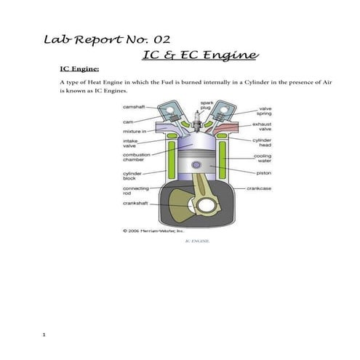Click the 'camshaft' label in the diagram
click(x=135, y=107)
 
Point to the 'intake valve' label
click(x=130, y=143)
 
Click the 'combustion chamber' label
click(x=137, y=158)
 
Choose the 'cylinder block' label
click(x=133, y=176)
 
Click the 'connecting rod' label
click(x=136, y=191)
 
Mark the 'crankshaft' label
click(x=136, y=204)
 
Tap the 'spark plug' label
click(x=207, y=105)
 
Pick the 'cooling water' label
click(x=263, y=158)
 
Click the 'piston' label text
click(x=264, y=173)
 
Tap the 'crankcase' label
click(x=259, y=188)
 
